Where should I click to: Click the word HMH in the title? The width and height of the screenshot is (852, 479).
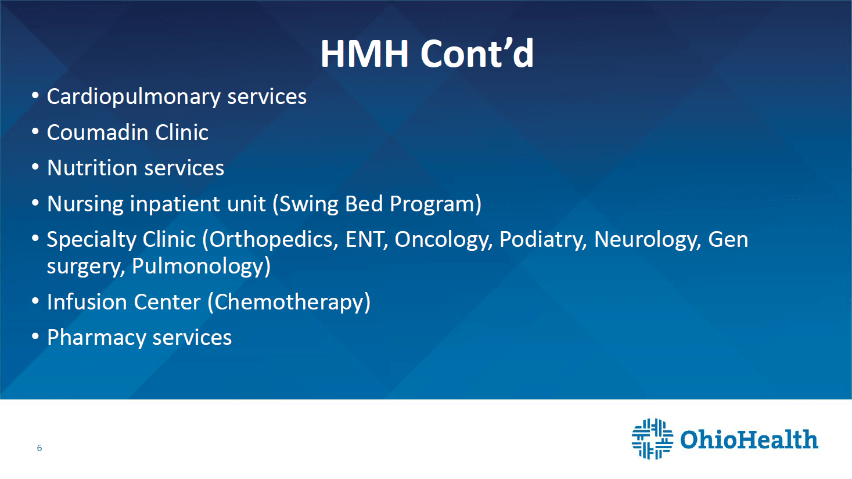pyautogui.click(x=365, y=53)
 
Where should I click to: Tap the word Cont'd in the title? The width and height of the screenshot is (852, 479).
pyautogui.click(x=477, y=53)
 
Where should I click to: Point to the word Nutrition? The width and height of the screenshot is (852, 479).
pyautogui.click(x=92, y=168)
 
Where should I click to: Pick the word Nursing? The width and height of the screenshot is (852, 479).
pyautogui.click(x=85, y=204)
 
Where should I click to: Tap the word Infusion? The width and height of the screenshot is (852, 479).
pyautogui.click(x=87, y=302)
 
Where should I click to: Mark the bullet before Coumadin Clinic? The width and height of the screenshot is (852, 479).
pyautogui.click(x=35, y=132)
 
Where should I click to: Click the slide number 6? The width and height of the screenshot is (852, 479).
pyautogui.click(x=39, y=448)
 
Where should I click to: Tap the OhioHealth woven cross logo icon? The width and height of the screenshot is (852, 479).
pyautogui.click(x=652, y=439)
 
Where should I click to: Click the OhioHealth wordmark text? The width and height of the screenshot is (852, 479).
pyautogui.click(x=749, y=440)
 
